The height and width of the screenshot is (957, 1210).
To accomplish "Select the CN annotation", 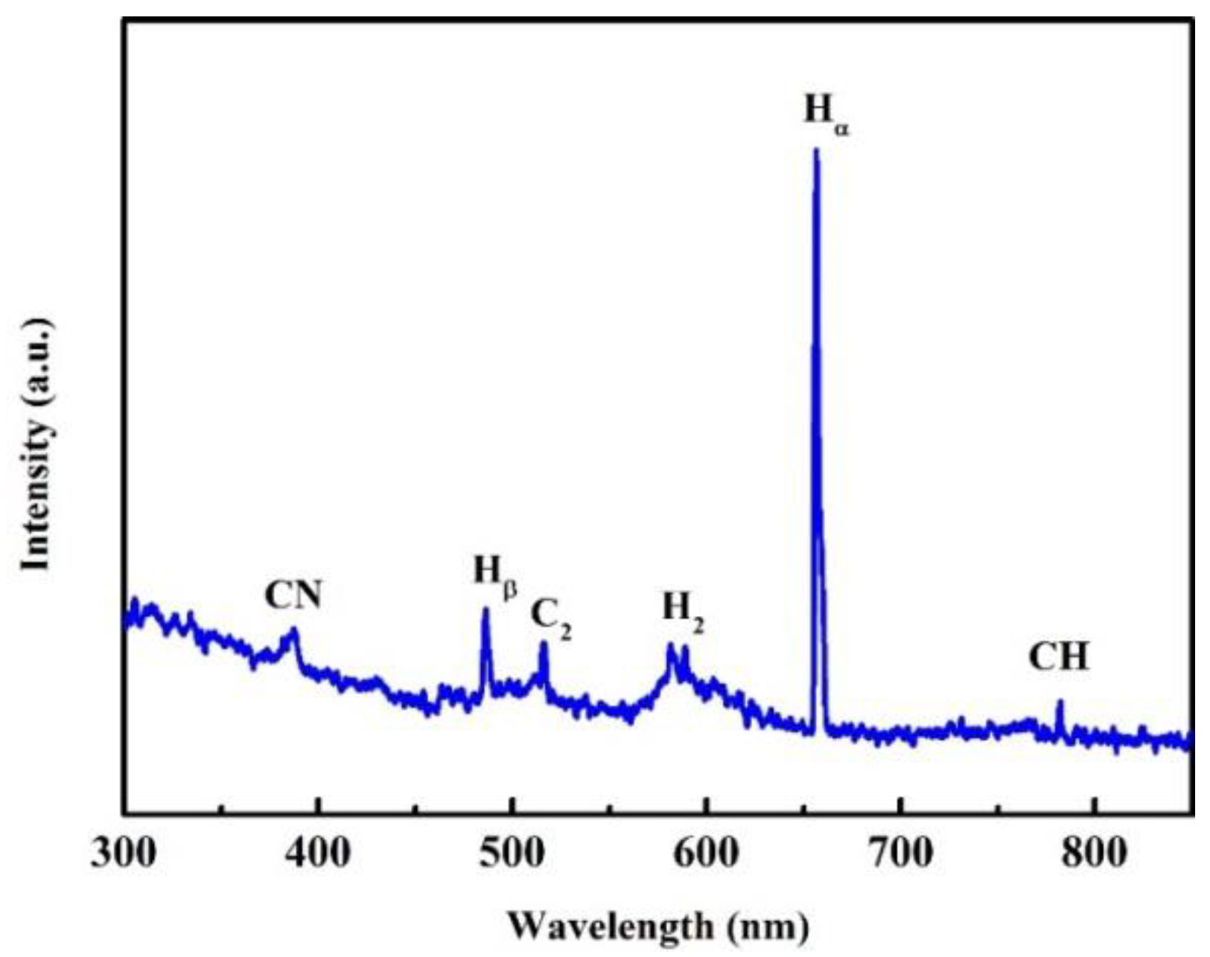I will coord(293,595).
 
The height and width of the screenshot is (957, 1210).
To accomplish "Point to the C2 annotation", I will coord(550,617).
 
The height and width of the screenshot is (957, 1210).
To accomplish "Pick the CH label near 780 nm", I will coord(1058,658).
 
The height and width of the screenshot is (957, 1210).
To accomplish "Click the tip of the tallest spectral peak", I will coord(816,150).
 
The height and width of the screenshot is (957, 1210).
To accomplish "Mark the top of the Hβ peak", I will coord(485,610).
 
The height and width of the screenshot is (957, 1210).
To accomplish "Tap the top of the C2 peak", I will coord(544,644).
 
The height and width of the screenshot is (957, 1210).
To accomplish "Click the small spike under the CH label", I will coord(1060,702).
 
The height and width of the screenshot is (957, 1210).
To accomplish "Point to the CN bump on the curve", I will coord(293,631).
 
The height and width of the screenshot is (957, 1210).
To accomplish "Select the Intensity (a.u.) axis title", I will coord(37,445).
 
